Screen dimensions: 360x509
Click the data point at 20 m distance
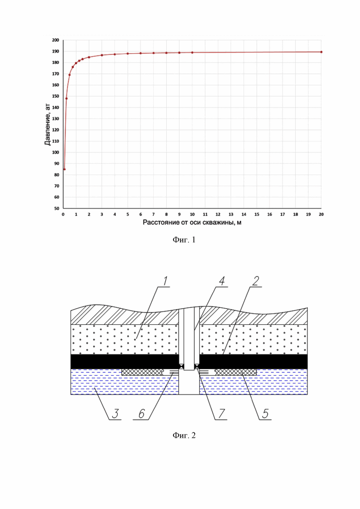tap(321, 52)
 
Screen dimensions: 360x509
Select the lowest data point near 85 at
tap(64, 169)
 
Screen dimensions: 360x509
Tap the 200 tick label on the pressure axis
tap(55, 40)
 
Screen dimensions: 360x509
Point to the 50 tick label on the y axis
tap(57, 209)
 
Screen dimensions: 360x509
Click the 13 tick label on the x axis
tap(231, 214)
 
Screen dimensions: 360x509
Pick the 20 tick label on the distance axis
tap(321, 214)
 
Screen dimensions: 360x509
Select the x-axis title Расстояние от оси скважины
tap(192, 223)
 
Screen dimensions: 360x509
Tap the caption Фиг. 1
tap(184, 240)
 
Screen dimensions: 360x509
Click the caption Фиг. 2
tap(184, 435)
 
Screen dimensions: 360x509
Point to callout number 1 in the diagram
tap(166, 281)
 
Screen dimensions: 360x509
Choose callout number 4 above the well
tap(222, 281)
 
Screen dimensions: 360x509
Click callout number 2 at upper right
tap(256, 281)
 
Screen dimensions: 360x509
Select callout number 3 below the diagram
tap(115, 413)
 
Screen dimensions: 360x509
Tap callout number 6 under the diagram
tap(142, 413)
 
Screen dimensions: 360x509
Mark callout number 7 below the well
tap(221, 413)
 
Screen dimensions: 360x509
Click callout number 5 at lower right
tap(265, 413)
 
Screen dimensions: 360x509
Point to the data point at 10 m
tap(192, 53)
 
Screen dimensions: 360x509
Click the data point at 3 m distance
tap(102, 55)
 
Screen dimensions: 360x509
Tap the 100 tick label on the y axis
tap(55, 152)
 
